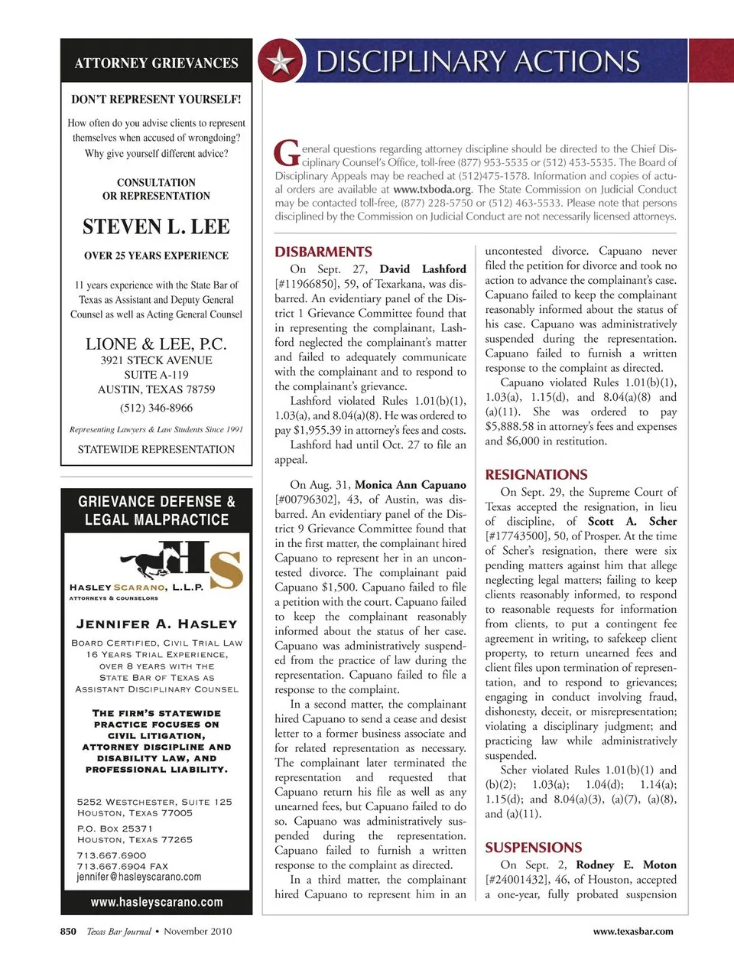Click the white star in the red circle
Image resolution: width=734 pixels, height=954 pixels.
[281, 62]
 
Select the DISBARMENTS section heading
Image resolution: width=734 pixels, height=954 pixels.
[323, 252]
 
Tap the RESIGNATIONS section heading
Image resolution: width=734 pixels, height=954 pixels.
[536, 474]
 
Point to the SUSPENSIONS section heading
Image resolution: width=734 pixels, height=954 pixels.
[533, 848]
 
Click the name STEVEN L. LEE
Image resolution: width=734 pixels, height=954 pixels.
[156, 226]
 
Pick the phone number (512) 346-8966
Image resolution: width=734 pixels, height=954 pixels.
[156, 408]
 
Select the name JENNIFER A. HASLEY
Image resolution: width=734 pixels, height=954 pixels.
[157, 624]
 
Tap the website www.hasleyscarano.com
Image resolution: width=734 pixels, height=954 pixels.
[157, 902]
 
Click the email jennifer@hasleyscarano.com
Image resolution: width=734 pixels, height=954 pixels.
[139, 877]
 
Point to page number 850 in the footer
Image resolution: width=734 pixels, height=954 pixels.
[68, 931]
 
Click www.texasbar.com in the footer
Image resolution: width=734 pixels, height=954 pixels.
[633, 931]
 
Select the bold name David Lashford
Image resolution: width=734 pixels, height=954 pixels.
[423, 269]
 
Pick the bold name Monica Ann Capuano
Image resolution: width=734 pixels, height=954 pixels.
[411, 485]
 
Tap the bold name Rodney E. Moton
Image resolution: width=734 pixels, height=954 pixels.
[626, 864]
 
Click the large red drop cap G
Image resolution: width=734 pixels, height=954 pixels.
[287, 152]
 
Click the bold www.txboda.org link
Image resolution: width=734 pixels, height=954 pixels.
[432, 189]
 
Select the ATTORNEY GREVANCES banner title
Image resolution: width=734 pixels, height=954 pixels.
[156, 63]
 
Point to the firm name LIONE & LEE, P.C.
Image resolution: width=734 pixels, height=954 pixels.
[156, 344]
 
